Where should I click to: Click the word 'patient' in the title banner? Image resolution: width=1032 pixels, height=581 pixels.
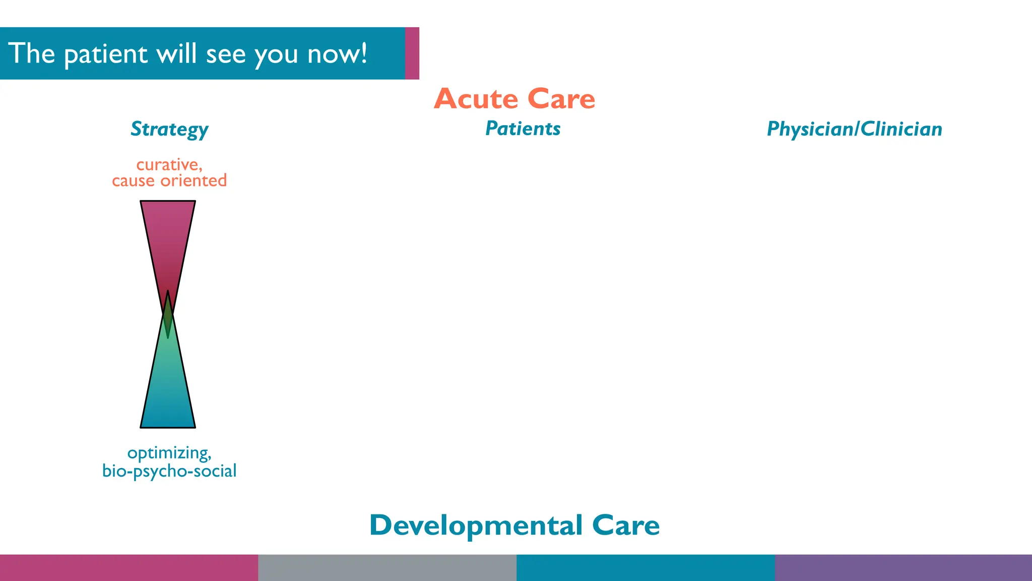click(106, 54)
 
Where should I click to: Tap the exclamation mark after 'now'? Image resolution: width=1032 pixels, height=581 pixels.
click(364, 52)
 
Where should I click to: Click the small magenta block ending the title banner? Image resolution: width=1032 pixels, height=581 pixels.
click(412, 53)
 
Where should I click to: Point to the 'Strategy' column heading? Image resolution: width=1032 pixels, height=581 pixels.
click(169, 129)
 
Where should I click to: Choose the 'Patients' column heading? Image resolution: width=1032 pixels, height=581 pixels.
click(523, 129)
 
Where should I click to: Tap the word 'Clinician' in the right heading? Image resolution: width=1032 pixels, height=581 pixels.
click(901, 129)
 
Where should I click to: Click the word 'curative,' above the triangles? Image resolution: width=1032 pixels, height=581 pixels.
click(169, 164)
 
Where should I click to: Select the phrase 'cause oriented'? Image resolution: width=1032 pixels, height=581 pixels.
click(169, 181)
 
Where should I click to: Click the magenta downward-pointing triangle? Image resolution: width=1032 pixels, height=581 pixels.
click(168, 237)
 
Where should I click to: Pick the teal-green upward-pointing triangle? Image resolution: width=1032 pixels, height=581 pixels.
click(168, 388)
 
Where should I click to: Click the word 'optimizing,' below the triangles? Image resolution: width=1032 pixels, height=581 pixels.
click(169, 453)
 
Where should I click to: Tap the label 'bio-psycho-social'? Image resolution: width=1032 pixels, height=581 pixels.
click(169, 471)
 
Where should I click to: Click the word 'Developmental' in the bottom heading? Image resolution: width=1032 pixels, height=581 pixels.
click(476, 526)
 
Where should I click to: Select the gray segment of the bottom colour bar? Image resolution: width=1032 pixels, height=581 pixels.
click(387, 568)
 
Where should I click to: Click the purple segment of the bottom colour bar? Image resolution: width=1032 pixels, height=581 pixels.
click(903, 568)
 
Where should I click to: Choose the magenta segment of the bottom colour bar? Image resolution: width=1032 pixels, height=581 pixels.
click(129, 568)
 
